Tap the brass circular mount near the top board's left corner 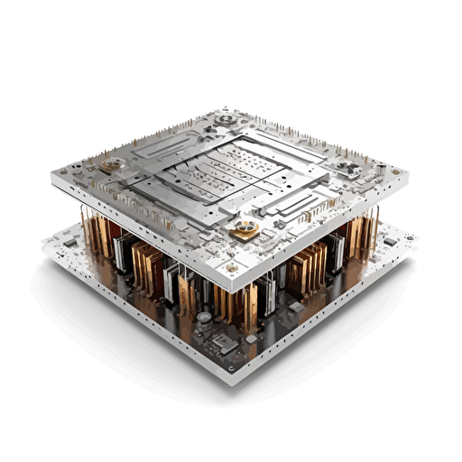(x=115, y=164)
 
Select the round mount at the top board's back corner (x=223, y=117)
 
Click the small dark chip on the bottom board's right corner (x=389, y=241)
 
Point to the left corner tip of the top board (x=51, y=176)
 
